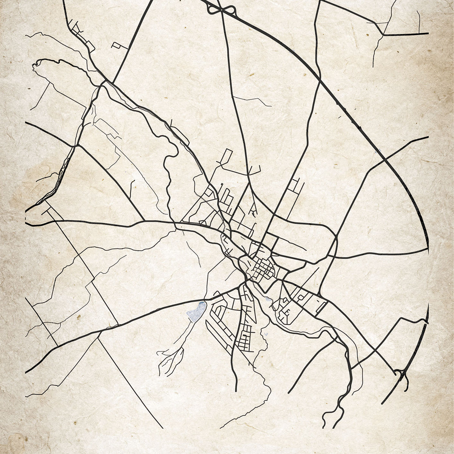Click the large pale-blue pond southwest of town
196,311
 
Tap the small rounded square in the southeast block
301,298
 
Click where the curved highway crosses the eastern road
384,160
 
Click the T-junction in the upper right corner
383,35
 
